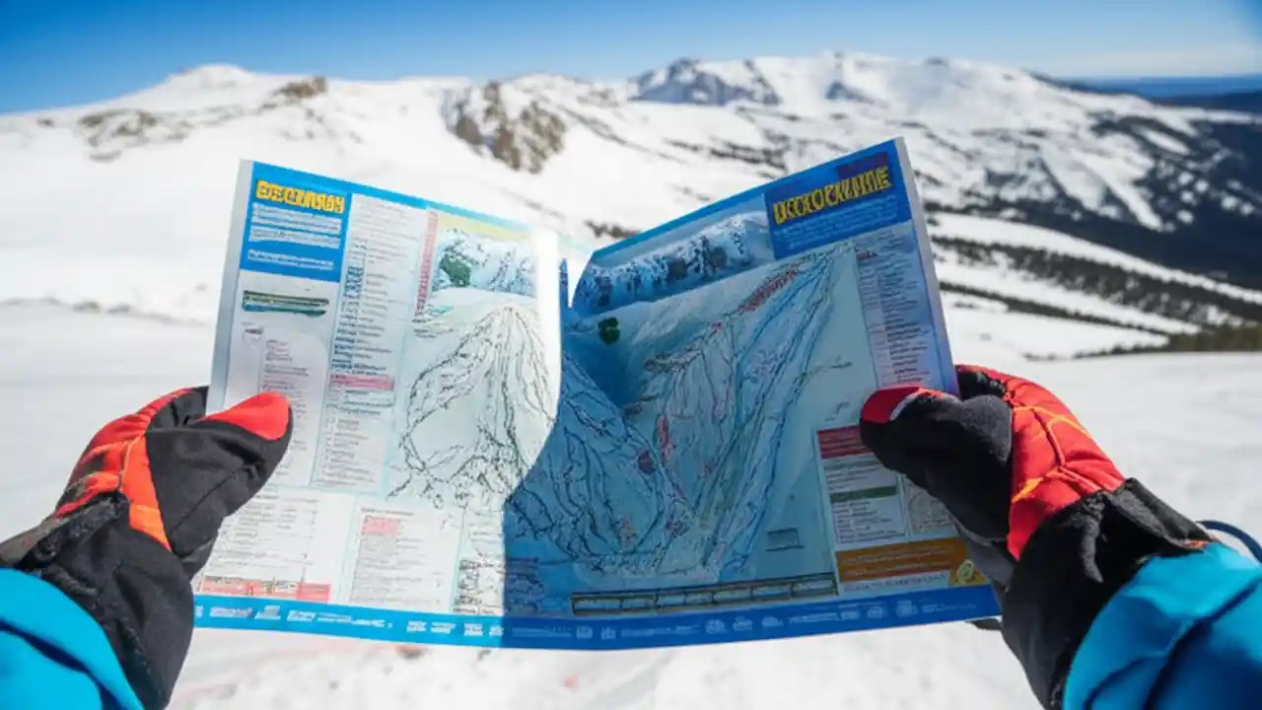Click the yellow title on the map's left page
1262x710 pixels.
300,196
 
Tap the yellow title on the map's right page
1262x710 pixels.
831,194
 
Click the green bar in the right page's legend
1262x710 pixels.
862,494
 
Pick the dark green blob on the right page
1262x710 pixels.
609,330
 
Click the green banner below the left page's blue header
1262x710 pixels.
285,303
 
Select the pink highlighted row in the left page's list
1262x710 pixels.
361,381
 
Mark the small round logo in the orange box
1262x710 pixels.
965,571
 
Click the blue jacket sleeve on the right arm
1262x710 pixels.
1173,631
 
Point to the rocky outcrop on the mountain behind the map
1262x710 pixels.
508,128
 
